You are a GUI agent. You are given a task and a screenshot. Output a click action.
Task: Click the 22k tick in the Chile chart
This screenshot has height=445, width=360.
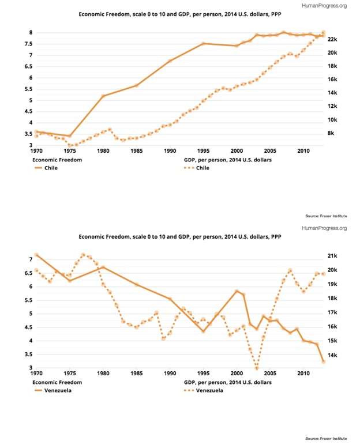(332, 39)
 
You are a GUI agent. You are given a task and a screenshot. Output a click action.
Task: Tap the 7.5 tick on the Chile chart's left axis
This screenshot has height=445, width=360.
(28, 44)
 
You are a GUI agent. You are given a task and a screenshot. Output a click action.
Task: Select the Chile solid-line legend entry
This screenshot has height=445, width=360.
(46, 168)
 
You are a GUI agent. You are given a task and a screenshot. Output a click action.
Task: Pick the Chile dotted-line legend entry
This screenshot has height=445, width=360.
(197, 168)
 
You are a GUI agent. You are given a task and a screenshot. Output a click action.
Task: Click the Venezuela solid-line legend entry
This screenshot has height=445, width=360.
(53, 390)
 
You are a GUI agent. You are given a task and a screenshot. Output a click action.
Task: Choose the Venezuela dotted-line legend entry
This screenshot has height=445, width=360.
(204, 390)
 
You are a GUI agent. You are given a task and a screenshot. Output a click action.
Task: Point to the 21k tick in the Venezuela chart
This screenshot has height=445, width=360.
(332, 256)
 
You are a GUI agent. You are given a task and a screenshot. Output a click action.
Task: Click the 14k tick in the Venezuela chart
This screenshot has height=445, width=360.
(332, 355)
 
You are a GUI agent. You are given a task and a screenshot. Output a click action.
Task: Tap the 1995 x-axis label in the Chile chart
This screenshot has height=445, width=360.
(203, 150)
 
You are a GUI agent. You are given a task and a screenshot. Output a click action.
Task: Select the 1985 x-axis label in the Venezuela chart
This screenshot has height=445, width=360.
(136, 373)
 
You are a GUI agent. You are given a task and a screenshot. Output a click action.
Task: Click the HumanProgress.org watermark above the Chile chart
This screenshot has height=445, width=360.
(324, 5)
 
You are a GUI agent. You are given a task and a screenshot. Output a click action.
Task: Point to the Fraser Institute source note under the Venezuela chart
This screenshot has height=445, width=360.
(326, 439)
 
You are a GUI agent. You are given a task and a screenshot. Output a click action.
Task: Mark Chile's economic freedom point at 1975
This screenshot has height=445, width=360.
(70, 136)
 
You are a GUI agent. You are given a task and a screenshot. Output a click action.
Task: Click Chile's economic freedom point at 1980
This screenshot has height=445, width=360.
(103, 96)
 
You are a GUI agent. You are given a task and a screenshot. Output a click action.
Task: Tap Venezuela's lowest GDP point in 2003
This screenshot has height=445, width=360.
(257, 368)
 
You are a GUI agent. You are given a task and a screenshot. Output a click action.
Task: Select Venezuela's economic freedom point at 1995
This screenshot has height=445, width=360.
(203, 331)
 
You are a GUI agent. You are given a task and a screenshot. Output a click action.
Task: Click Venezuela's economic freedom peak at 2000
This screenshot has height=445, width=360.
(237, 291)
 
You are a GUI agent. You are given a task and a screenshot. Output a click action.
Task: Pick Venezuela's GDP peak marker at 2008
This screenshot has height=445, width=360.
(290, 270)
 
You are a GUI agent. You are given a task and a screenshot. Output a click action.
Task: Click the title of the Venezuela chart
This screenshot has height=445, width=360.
(180, 237)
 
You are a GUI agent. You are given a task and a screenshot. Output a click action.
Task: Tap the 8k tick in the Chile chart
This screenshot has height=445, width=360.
(331, 133)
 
